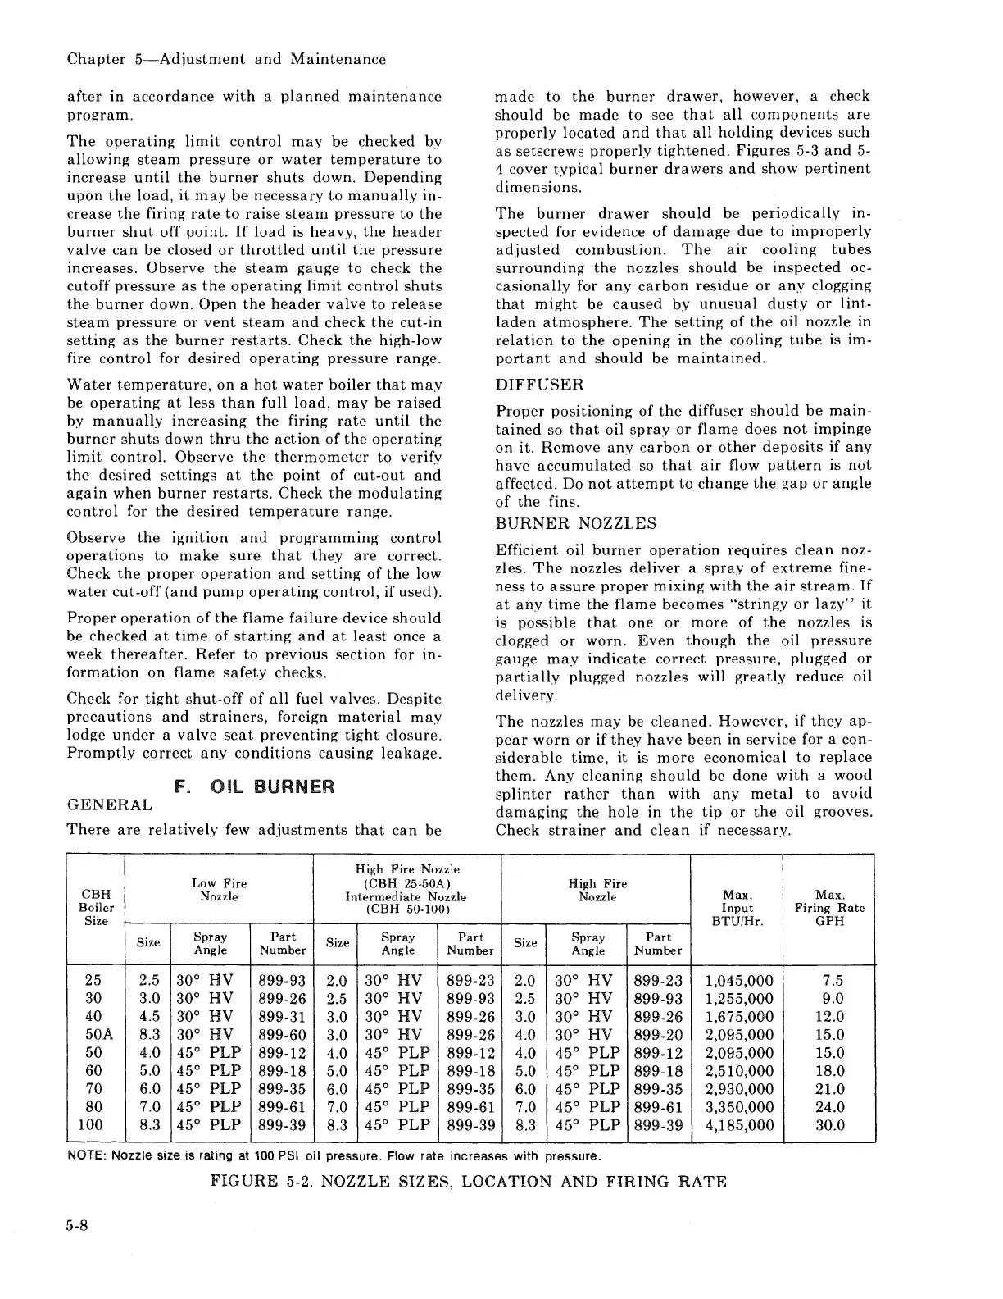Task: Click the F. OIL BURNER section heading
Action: click(x=255, y=787)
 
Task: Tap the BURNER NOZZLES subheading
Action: click(x=576, y=523)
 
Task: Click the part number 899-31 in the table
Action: click(x=281, y=1017)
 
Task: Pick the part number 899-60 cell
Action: click(x=281, y=1035)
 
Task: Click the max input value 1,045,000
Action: click(x=739, y=981)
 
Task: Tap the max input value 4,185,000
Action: click(x=739, y=1125)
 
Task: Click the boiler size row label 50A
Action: click(x=93, y=1035)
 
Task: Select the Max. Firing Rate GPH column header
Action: click(x=829, y=908)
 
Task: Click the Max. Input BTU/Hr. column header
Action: click(x=737, y=908)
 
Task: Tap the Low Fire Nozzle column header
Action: click(x=219, y=890)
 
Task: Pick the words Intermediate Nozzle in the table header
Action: click(x=407, y=896)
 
